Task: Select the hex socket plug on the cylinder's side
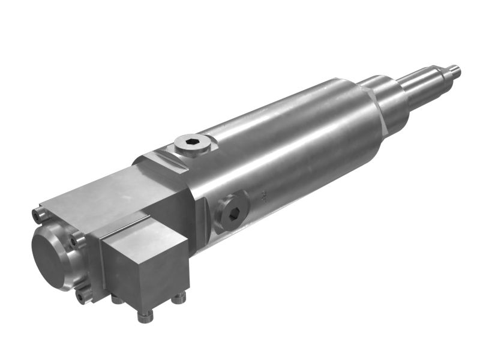click(x=233, y=211)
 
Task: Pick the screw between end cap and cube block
click(x=75, y=241)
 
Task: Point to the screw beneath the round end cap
click(x=82, y=296)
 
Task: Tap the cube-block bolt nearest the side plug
click(x=178, y=297)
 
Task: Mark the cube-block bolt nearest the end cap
click(x=115, y=298)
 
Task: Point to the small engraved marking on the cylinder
click(x=263, y=194)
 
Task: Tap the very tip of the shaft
click(x=458, y=69)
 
